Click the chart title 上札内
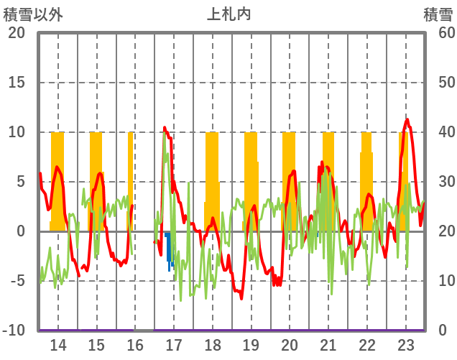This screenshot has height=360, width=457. click(228, 14)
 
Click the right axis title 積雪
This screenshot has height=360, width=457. click(437, 14)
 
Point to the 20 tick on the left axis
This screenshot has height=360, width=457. click(16, 33)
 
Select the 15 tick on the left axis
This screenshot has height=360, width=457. click(16, 83)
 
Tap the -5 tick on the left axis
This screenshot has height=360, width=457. click(16, 281)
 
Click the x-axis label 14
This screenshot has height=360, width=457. click(57, 344)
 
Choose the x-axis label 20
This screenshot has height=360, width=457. click(290, 344)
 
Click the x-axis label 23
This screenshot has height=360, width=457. click(406, 344)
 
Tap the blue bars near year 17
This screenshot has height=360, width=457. click(170, 248)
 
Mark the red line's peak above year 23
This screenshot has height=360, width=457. click(407, 119)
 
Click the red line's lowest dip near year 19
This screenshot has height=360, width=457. click(241, 297)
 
